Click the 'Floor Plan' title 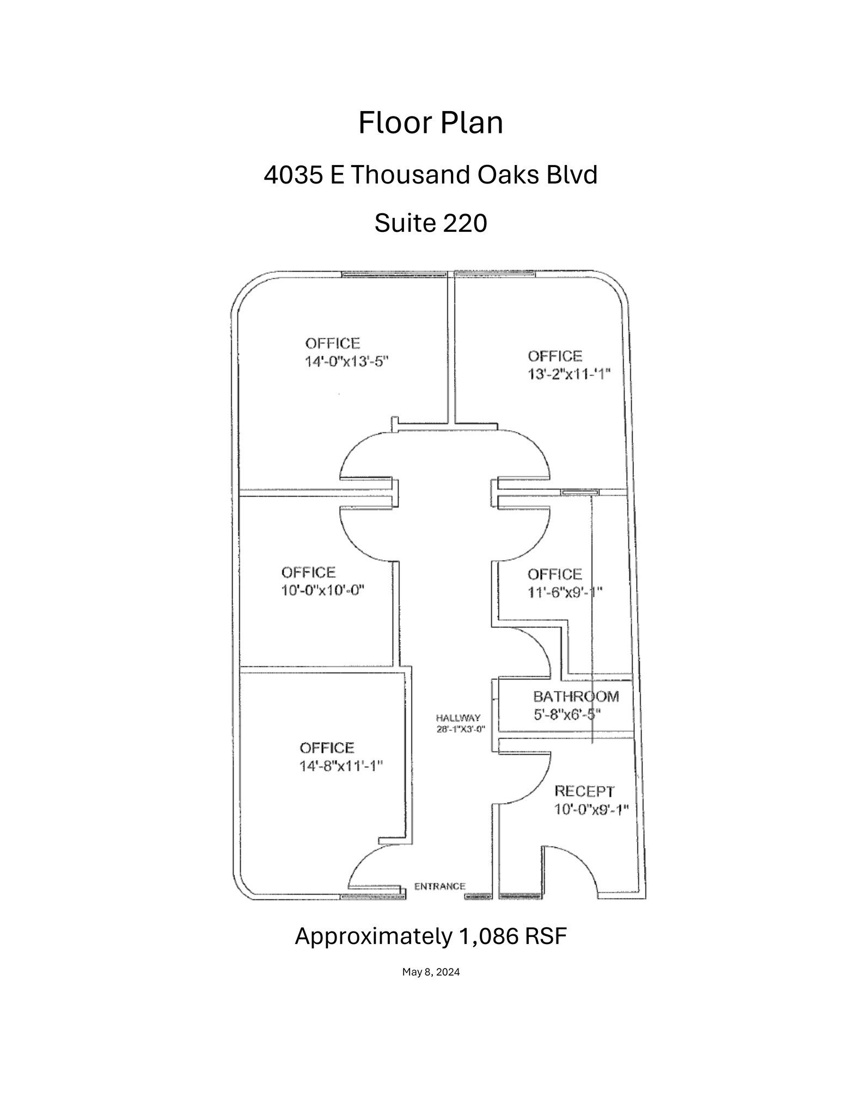click(x=430, y=124)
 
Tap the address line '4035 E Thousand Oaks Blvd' click(x=431, y=175)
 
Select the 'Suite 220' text click(x=430, y=223)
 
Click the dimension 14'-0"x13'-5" click(x=347, y=362)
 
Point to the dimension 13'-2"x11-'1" click(x=569, y=374)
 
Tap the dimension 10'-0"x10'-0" click(x=322, y=590)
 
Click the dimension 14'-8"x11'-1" click(x=341, y=765)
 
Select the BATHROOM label click(x=576, y=696)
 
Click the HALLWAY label click(x=458, y=718)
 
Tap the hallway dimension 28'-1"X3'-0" click(x=461, y=728)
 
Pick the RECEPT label click(x=584, y=791)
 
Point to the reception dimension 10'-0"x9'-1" click(x=591, y=809)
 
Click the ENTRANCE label click(x=440, y=886)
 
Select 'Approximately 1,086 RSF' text click(x=431, y=936)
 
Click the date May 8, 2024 click(x=431, y=972)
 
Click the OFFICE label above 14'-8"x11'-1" click(x=327, y=748)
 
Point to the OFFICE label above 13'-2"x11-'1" click(x=555, y=356)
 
